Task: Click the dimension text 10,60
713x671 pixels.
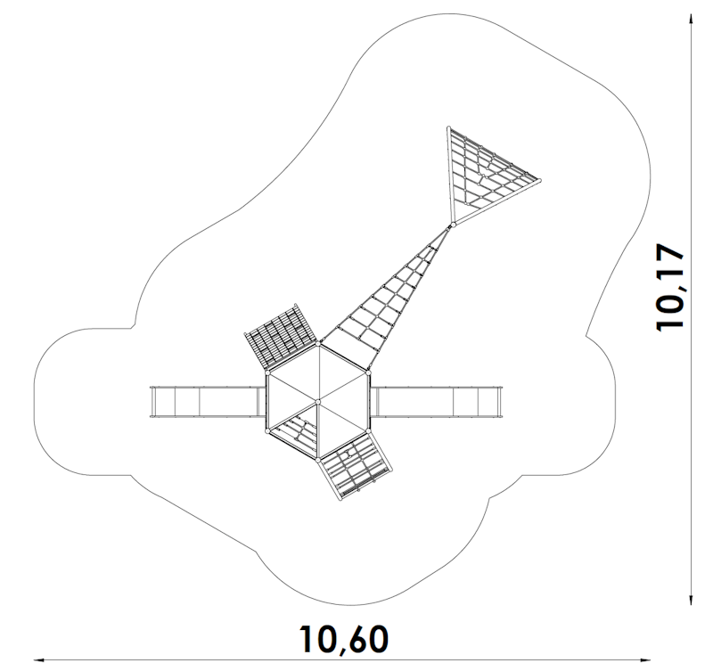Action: [x=344, y=640]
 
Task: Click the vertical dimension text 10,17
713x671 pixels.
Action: [x=670, y=287]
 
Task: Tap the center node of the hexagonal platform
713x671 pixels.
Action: [x=317, y=402]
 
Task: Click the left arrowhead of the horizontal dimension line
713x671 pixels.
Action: [x=39, y=659]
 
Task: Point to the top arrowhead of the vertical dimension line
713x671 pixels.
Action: [x=692, y=19]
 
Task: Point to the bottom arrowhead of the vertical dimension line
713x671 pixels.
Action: [x=692, y=600]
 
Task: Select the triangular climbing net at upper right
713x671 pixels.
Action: [x=482, y=177]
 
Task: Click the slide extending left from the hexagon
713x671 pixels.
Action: [x=208, y=401]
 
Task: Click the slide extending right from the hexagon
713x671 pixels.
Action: [x=437, y=401]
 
